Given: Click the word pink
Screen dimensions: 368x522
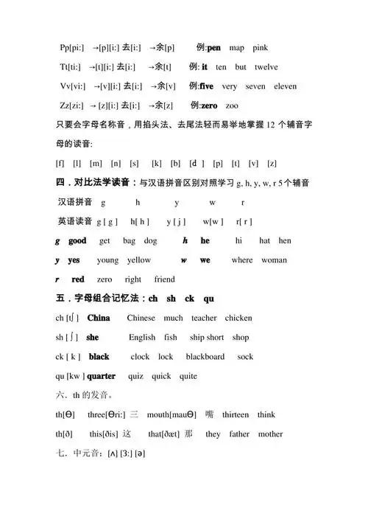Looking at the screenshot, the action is (261, 48).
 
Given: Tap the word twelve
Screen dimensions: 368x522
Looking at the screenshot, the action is (266, 67).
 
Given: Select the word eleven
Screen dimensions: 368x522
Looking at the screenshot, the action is (285, 86).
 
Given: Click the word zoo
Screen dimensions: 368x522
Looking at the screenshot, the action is (232, 105).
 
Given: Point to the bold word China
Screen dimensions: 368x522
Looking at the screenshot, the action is (99, 318).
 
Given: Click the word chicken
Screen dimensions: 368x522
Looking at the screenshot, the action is (238, 318).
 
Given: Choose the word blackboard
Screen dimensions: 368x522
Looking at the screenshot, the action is (205, 356).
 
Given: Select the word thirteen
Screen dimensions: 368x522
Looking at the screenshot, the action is (236, 414).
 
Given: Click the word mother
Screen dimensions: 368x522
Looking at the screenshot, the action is (270, 434).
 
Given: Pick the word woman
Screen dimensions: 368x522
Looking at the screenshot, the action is (275, 260).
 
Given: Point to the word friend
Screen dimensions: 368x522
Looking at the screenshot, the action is (164, 279).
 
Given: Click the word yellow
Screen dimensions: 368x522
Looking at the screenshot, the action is (139, 260).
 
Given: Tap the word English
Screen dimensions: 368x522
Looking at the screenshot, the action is (142, 337).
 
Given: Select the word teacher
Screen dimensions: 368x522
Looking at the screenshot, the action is (204, 318).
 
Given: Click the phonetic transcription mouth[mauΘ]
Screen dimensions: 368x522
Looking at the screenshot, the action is (171, 414).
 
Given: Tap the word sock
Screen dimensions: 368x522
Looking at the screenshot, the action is (245, 356).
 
